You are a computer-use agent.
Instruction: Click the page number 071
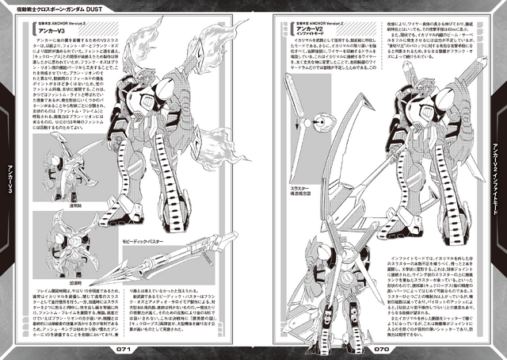click(x=127, y=347)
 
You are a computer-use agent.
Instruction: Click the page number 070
click(x=380, y=347)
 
